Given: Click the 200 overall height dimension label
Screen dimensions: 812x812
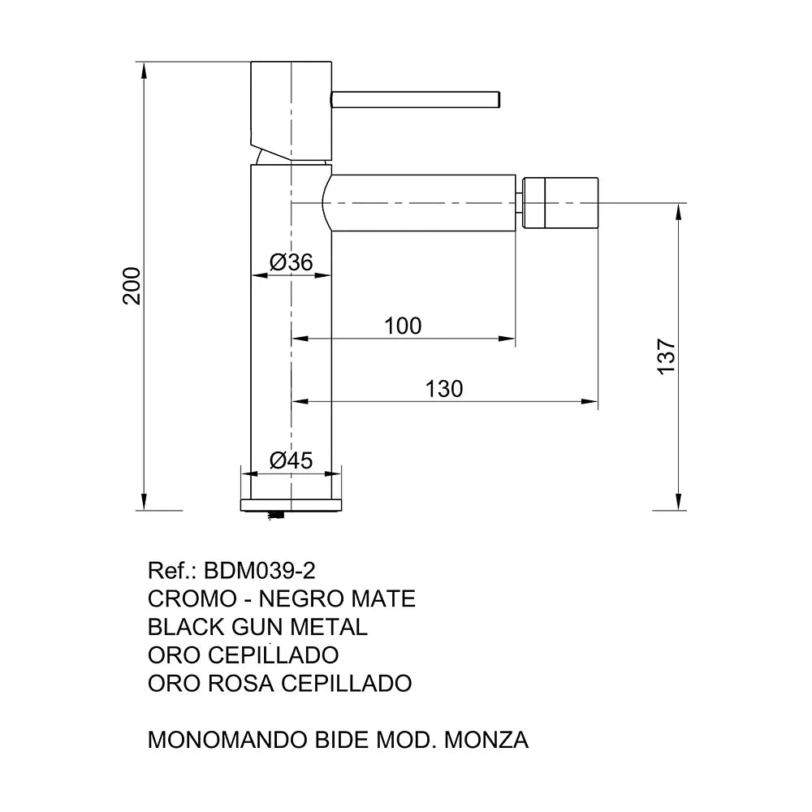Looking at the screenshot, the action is (132, 286).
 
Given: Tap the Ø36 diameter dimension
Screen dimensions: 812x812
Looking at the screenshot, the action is (291, 262).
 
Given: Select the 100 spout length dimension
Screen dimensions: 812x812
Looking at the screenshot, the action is (403, 326).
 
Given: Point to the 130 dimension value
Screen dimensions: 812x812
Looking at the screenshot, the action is (444, 388).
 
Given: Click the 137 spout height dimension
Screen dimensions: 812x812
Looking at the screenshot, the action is (666, 356).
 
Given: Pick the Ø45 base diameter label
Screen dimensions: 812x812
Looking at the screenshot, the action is (291, 460).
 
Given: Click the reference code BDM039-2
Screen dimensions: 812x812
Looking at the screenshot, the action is (260, 571).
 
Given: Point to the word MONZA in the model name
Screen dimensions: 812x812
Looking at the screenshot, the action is (486, 740).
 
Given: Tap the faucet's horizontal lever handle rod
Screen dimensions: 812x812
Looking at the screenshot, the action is (415, 99).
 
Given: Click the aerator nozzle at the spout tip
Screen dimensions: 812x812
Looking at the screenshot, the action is (561, 203).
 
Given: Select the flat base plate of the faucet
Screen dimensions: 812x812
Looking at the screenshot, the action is (291, 505).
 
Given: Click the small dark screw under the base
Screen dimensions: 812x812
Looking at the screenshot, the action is (275, 514).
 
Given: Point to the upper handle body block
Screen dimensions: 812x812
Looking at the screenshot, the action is (291, 110).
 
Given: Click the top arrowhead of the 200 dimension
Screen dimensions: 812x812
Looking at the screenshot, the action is (145, 70).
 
